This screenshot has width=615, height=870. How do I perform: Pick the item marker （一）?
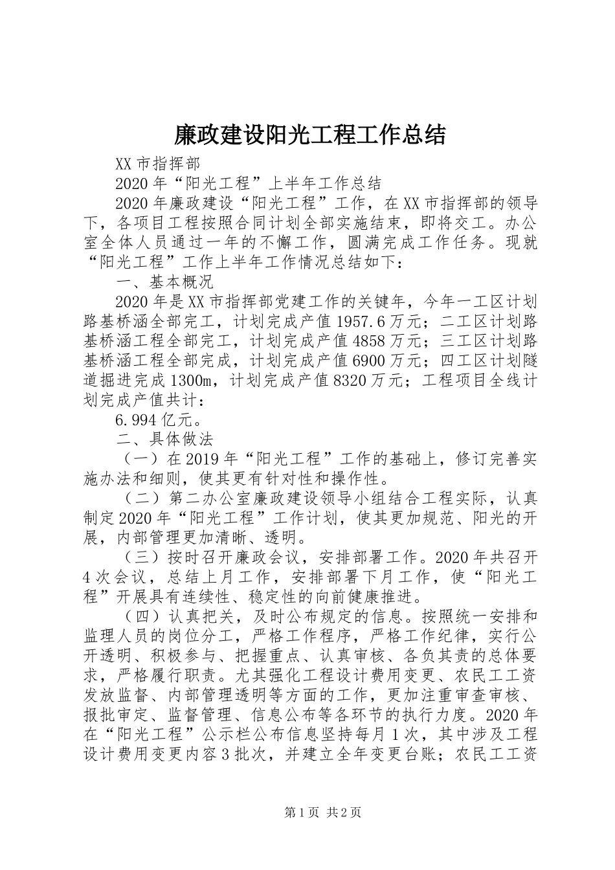[141, 460]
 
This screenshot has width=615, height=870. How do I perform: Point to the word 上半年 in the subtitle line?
[291, 183]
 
